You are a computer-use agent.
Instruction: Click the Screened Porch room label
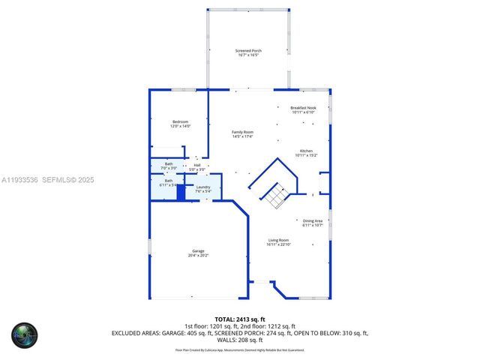(249, 51)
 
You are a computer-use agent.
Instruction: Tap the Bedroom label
(180, 121)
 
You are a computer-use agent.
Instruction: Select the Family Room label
(242, 132)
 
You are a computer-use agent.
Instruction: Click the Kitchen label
(306, 151)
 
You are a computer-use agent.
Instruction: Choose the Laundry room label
(203, 187)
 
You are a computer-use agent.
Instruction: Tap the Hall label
(197, 165)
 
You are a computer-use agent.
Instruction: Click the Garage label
(198, 251)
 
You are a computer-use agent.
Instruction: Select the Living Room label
(278, 240)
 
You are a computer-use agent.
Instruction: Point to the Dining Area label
(313, 220)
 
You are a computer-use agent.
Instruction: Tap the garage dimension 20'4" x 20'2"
(198, 256)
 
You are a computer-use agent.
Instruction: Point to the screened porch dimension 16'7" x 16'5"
(249, 55)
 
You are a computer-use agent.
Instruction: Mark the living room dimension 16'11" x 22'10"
(278, 244)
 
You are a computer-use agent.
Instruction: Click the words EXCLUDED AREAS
(137, 332)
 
